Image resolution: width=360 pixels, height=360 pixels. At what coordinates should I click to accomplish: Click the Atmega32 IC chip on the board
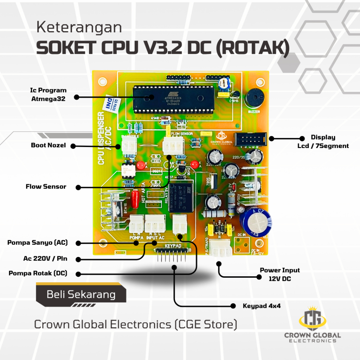174,99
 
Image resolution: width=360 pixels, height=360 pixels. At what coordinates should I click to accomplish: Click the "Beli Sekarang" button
81,295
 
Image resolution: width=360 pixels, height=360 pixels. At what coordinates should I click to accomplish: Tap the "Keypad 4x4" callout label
262,306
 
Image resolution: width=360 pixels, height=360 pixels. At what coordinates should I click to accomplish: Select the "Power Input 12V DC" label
280,275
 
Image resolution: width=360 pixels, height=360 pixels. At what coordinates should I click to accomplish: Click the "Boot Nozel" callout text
48,145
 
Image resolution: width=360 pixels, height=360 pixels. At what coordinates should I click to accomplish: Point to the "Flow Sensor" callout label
46,187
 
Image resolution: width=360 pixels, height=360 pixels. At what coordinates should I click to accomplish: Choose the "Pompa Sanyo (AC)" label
37,243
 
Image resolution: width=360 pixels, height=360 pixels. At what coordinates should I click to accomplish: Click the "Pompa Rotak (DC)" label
38,273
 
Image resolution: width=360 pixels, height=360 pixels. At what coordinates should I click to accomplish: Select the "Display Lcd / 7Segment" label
323,141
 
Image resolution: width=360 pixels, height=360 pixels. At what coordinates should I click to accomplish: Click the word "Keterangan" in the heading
79,28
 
